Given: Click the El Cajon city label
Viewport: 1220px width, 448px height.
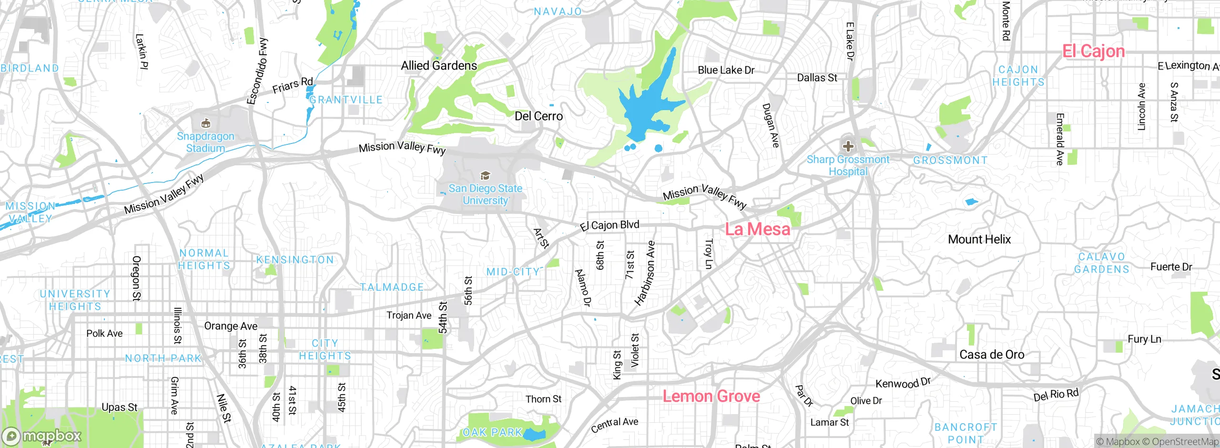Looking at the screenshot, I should (1093, 51).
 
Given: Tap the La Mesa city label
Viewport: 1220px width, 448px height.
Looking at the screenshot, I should (757, 229).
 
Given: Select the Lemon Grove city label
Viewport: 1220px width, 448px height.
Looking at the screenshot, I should (711, 396).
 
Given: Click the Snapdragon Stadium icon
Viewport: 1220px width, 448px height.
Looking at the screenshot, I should (206, 124).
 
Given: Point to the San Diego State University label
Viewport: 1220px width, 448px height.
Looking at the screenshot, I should (485, 194).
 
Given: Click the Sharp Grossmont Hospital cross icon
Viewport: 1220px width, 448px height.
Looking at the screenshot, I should (848, 146).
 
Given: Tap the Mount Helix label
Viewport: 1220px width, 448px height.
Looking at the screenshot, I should (979, 239).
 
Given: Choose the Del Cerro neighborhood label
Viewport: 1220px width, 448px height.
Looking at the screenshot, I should (539, 116).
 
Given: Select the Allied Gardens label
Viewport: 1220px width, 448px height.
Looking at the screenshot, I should (438, 66).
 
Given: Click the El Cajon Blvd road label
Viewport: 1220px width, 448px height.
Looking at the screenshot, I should (610, 225).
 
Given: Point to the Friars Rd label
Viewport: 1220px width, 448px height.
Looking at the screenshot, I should (292, 85).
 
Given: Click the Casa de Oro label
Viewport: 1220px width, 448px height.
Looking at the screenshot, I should (991, 355).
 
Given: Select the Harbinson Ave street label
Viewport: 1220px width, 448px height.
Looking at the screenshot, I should (645, 273).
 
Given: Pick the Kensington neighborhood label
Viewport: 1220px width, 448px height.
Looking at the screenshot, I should (295, 260).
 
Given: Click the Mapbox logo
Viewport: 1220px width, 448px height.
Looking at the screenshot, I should (42, 436).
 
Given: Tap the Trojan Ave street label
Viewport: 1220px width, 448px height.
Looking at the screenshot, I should (408, 316).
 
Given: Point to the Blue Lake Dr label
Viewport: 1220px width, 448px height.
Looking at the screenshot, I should (726, 70).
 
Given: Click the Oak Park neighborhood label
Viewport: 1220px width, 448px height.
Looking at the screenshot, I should (492, 432).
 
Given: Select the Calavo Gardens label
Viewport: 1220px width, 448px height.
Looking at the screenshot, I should (1101, 263).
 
